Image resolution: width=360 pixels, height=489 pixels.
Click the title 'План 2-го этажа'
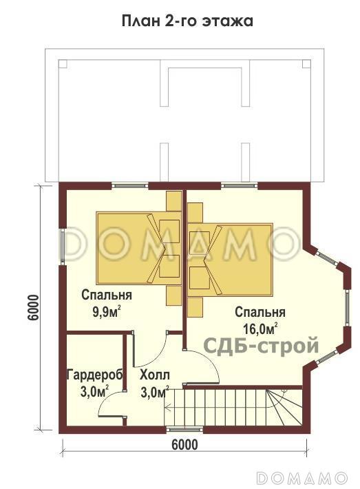[x=187, y=21]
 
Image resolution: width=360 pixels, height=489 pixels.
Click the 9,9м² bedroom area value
[x=107, y=311]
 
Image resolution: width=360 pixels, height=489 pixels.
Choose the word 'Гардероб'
[x=94, y=375]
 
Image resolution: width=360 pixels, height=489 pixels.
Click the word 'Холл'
[x=153, y=375]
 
